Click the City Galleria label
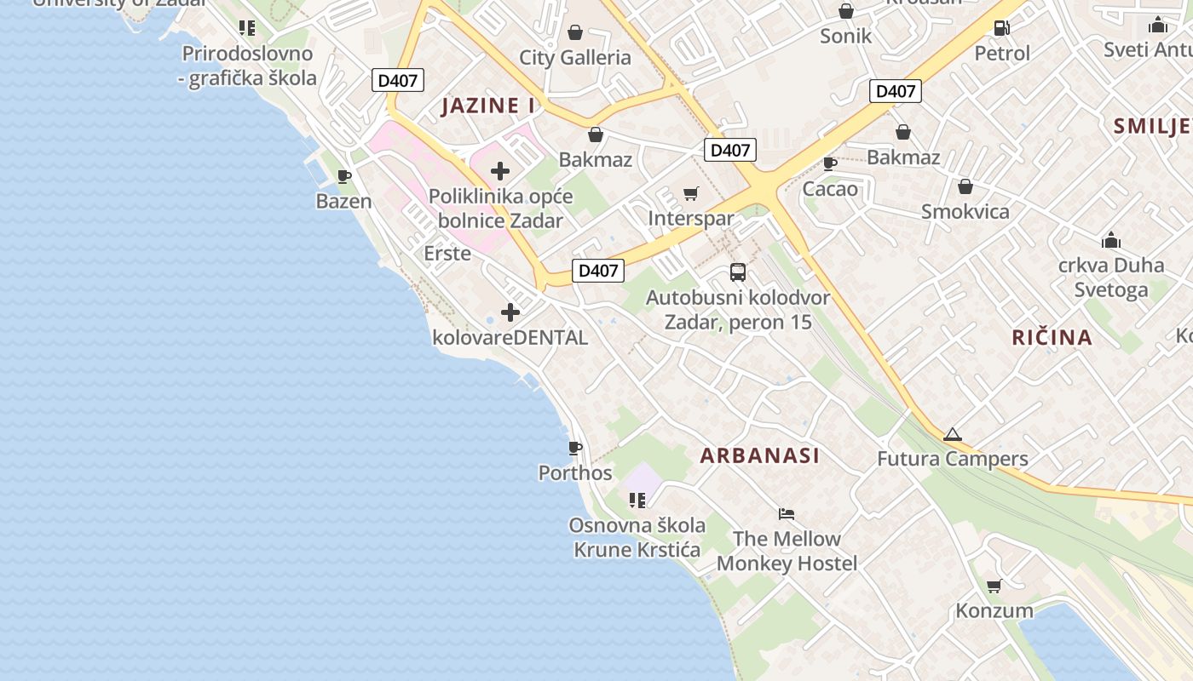click(x=575, y=58)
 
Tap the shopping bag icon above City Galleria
click(x=575, y=32)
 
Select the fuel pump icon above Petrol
click(x=1002, y=27)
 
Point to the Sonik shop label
click(x=845, y=36)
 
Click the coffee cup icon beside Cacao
click(x=830, y=163)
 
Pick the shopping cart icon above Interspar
click(x=690, y=194)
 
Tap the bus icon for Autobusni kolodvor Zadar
click(x=738, y=272)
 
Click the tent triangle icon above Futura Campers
click(x=952, y=434)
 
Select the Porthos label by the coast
click(x=575, y=472)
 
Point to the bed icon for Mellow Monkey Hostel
click(x=787, y=513)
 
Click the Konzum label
click(x=994, y=610)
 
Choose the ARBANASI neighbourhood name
click(x=760, y=455)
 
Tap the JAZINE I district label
click(x=488, y=106)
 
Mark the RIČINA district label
click(x=1052, y=337)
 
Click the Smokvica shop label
click(x=965, y=212)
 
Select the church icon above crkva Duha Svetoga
click(x=1111, y=240)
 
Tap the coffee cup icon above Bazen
click(x=344, y=176)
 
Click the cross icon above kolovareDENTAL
click(x=510, y=312)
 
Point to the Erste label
click(x=447, y=253)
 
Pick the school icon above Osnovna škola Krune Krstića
click(x=637, y=500)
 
